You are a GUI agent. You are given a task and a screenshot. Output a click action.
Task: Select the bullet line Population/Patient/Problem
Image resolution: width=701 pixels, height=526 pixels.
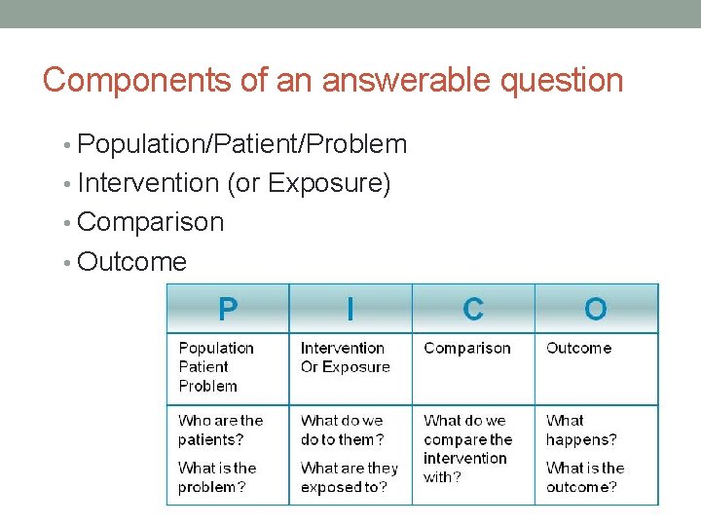(241, 144)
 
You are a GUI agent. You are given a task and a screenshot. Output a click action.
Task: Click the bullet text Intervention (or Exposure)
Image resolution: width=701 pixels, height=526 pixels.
(234, 183)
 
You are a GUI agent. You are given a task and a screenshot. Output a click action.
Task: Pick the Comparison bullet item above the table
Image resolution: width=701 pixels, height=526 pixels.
(150, 222)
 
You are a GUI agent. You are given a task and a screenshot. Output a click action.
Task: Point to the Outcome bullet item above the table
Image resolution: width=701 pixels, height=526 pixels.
(131, 261)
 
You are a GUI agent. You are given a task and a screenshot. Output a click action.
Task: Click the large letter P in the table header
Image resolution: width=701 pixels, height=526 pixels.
(228, 310)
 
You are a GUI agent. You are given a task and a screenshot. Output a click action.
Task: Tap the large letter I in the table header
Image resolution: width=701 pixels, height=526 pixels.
(350, 310)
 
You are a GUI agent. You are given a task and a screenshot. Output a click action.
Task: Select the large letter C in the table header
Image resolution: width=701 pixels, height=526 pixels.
(473, 310)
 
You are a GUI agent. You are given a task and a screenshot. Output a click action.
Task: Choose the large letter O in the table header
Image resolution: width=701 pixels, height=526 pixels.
(595, 310)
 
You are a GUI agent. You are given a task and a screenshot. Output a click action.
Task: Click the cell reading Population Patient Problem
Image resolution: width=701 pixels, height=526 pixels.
(215, 367)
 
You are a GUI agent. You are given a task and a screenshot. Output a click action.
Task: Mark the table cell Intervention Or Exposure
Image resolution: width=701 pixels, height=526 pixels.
(345, 357)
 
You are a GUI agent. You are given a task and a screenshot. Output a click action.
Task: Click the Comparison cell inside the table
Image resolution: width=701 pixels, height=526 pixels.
(467, 348)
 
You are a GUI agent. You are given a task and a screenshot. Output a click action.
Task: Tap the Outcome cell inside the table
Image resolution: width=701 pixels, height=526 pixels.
(578, 348)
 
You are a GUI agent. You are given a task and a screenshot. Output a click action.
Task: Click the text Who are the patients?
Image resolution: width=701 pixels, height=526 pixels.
(220, 430)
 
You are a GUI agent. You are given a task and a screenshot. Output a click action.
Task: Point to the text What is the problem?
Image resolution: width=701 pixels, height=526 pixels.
(216, 477)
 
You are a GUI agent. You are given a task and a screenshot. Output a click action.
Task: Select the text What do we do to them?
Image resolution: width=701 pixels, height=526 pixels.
(342, 430)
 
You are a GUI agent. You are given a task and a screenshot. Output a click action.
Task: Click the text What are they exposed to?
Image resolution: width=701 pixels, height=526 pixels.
(350, 477)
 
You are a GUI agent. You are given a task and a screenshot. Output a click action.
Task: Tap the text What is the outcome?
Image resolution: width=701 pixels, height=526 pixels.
(584, 477)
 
